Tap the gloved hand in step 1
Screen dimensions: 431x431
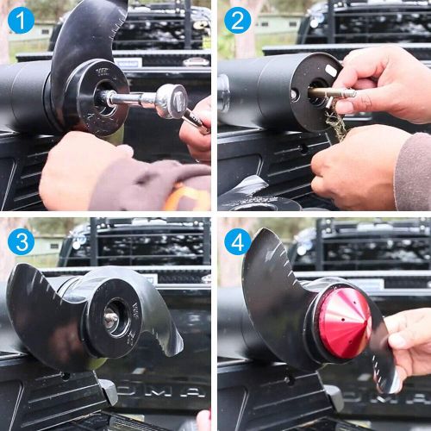point(86,172)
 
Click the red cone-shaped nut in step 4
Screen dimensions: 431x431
point(345,322)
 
